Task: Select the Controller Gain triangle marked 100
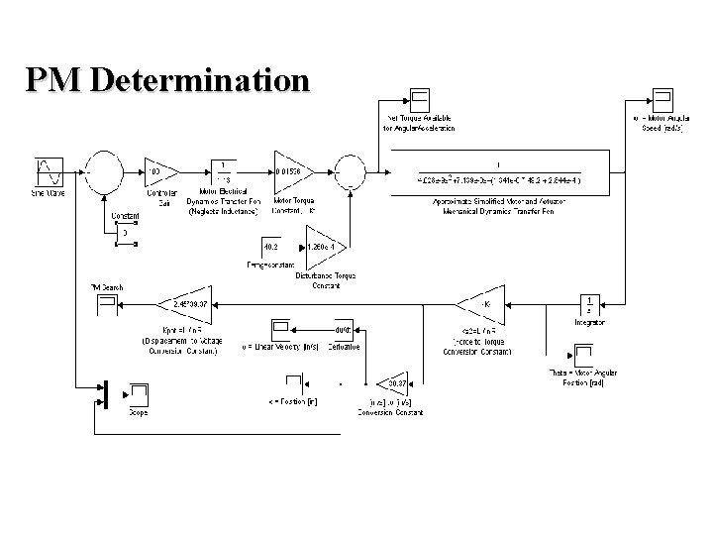point(158,171)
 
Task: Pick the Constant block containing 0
point(125,233)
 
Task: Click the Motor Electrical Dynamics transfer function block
point(222,171)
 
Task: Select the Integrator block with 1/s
point(590,302)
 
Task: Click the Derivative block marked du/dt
point(344,330)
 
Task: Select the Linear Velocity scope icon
point(281,329)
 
